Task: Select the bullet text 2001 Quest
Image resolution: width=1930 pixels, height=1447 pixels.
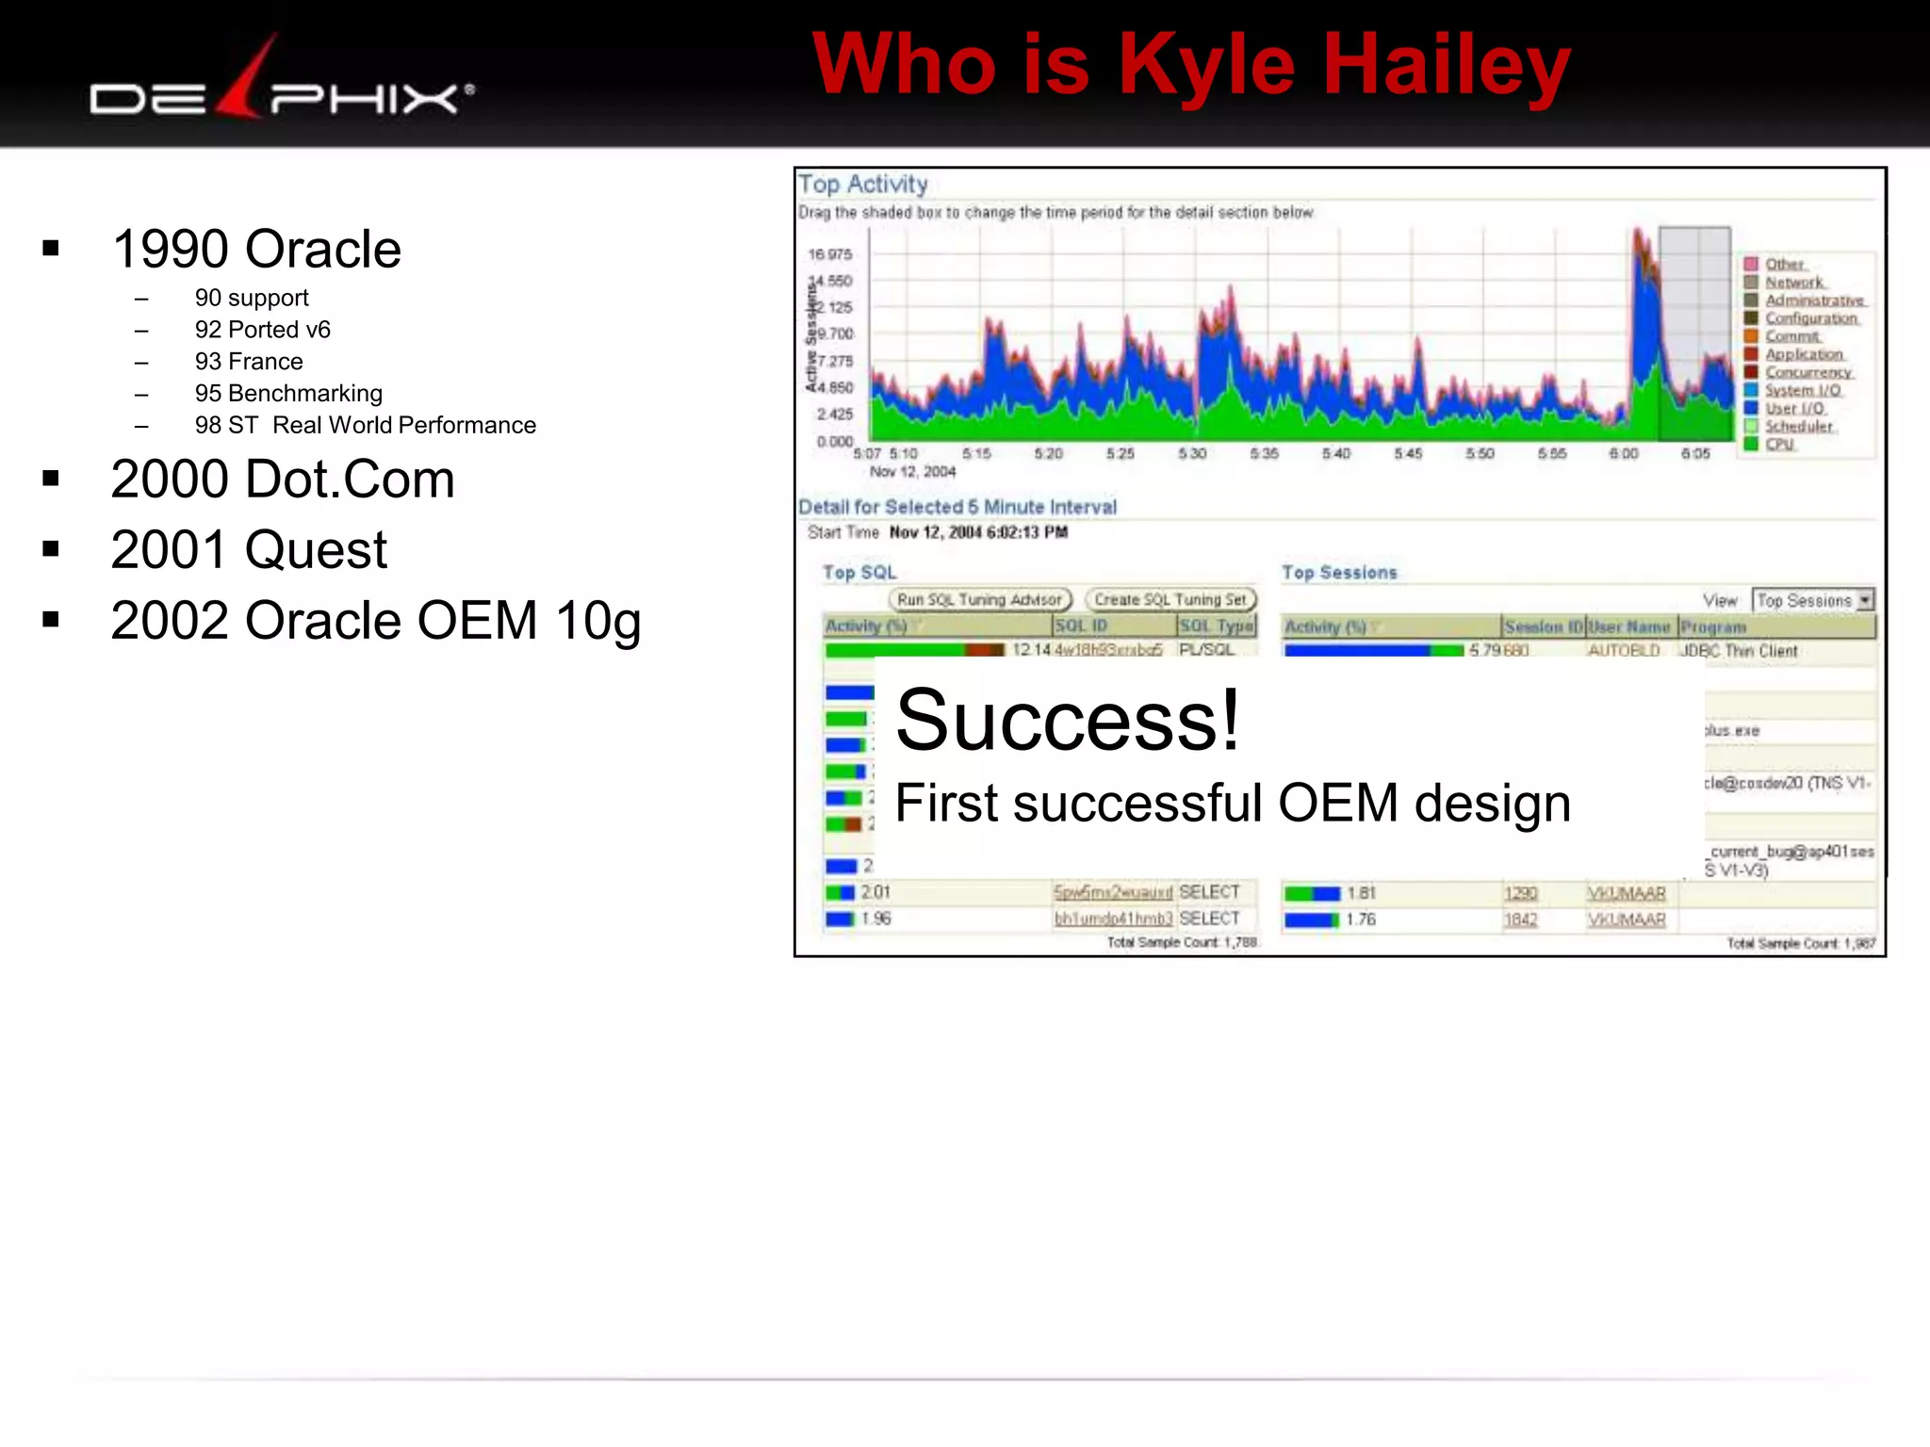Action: pos(248,550)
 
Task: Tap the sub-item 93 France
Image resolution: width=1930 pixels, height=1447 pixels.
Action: pos(248,362)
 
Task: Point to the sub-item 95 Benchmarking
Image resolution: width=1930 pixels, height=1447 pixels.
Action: pos(287,394)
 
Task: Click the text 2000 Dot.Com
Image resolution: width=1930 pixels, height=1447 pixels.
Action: pos(282,480)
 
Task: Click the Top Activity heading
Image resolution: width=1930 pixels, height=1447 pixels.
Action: pos(862,185)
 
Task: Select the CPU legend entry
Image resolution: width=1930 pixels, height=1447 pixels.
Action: pos(1779,444)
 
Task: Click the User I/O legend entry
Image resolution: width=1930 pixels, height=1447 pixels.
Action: pos(1794,408)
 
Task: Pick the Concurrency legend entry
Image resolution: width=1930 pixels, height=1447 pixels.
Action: pos(1807,372)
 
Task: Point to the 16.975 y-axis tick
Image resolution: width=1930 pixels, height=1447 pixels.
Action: pos(829,254)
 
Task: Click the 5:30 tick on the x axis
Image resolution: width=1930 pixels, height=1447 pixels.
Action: pos(1192,454)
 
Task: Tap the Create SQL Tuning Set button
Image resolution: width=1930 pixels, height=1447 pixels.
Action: pos(1170,600)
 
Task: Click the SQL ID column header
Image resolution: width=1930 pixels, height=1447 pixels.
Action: pos(1080,626)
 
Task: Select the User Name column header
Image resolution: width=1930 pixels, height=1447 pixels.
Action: pos(1628,627)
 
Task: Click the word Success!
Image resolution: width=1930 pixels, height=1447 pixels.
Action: pos(1067,721)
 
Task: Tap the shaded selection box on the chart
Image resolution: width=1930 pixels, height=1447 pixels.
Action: pos(1693,330)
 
